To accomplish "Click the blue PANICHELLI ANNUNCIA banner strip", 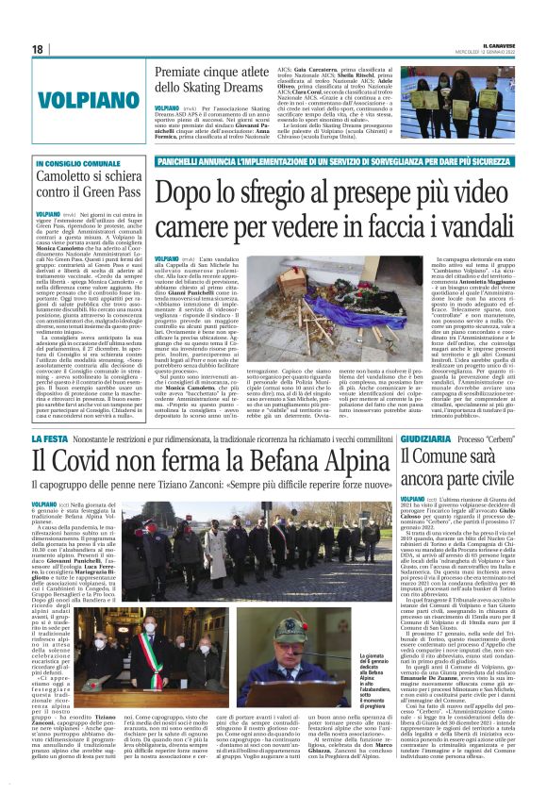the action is [x=330, y=162].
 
